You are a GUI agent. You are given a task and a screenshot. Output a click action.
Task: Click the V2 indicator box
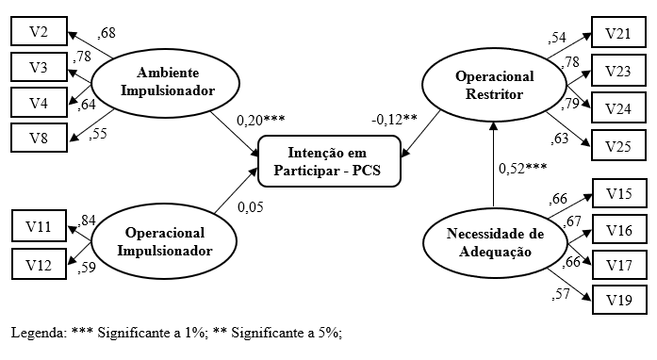[x=40, y=31]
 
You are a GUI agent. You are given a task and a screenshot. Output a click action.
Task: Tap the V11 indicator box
[x=40, y=227]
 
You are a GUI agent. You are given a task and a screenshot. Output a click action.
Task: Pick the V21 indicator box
[x=618, y=34]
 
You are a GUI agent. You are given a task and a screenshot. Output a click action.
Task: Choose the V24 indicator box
[x=618, y=108]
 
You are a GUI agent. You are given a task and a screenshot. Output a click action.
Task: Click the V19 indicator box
[x=618, y=301]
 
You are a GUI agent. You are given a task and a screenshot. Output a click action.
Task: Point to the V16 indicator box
[x=618, y=230]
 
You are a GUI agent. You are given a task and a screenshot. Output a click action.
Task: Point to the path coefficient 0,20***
[x=260, y=120]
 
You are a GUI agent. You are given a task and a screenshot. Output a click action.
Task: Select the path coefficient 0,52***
[x=522, y=169]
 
